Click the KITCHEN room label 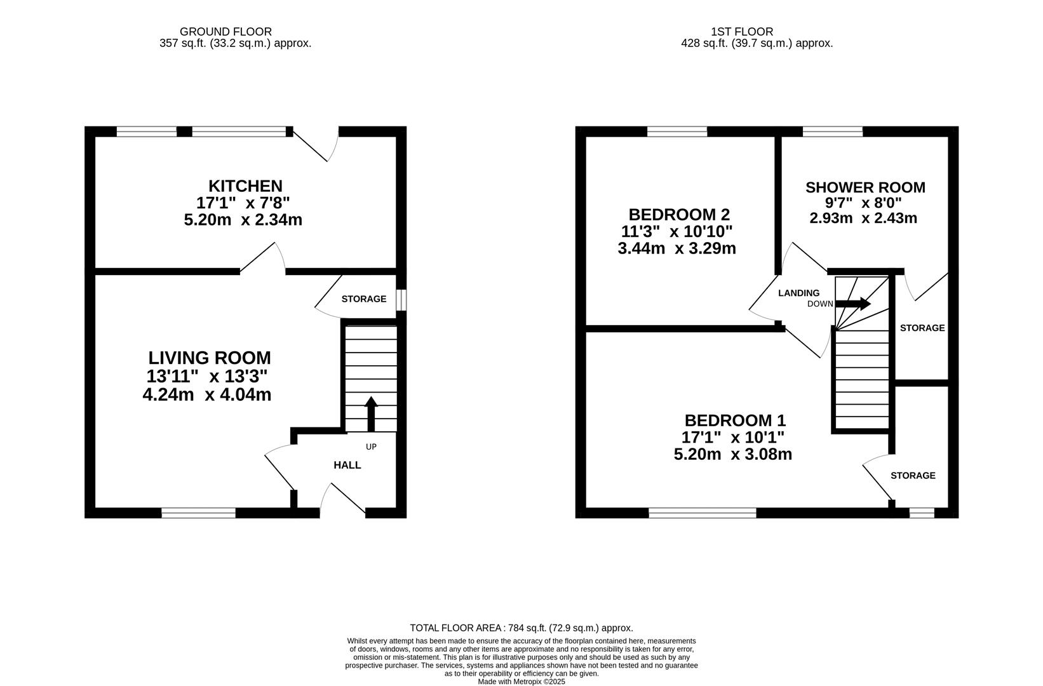pyautogui.click(x=245, y=186)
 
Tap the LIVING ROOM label pyautogui.click(x=210, y=358)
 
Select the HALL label pyautogui.click(x=347, y=465)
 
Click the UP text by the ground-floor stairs pyautogui.click(x=371, y=447)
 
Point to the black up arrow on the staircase pyautogui.click(x=371, y=414)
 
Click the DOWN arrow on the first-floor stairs pyautogui.click(x=853, y=304)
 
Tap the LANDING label pyautogui.click(x=799, y=293)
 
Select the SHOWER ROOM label pyautogui.click(x=866, y=187)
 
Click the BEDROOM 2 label pyautogui.click(x=679, y=215)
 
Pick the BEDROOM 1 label pyautogui.click(x=735, y=420)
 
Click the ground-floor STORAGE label pyautogui.click(x=364, y=299)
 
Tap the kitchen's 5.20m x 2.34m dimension pyautogui.click(x=243, y=220)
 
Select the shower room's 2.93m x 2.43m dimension pyautogui.click(x=863, y=218)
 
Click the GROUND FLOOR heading pyautogui.click(x=226, y=32)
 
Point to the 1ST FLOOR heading pyautogui.click(x=742, y=32)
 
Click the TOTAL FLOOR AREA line pyautogui.click(x=521, y=628)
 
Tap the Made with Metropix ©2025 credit pyautogui.click(x=521, y=682)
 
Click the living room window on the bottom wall pyautogui.click(x=199, y=513)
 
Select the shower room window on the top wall pyautogui.click(x=833, y=131)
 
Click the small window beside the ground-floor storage pyautogui.click(x=401, y=300)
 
